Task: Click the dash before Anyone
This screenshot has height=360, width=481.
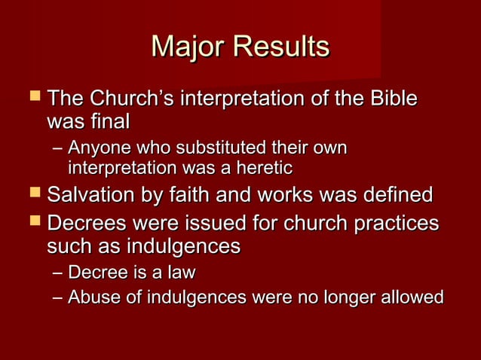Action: coord(57,149)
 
